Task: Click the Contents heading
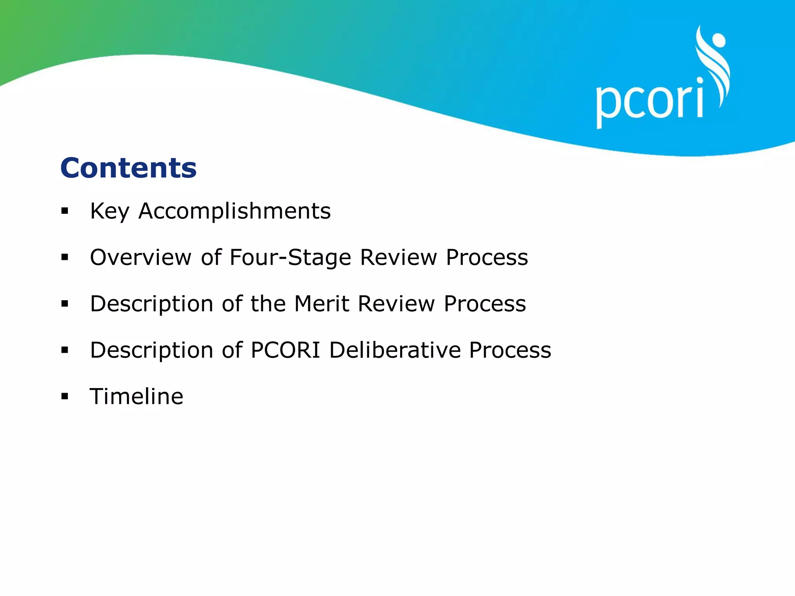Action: pos(128,168)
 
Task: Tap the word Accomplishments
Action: pos(234,211)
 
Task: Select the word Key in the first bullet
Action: pos(109,212)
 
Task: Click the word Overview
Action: pos(141,257)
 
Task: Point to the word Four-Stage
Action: pos(290,258)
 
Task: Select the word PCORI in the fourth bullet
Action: pos(285,350)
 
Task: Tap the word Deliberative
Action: pos(394,350)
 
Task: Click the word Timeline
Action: pos(137,396)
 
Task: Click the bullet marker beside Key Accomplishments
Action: pos(65,211)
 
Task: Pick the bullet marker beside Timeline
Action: pos(65,397)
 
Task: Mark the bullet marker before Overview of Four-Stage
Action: pos(65,258)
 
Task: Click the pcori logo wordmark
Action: pos(649,102)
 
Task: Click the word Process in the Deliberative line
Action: pos(510,350)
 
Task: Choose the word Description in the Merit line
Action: pos(151,304)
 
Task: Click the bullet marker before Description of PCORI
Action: pos(65,350)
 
